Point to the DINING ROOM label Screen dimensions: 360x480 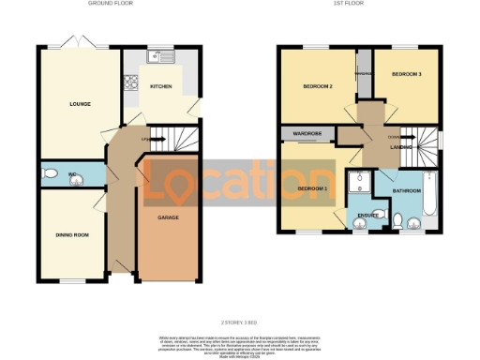coord(72,234)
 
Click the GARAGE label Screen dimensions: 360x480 coord(168,217)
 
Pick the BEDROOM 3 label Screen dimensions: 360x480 coord(406,74)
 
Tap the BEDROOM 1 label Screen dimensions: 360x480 coord(312,188)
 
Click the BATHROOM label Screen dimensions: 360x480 coord(405,189)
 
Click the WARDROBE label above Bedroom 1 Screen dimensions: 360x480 coord(307,134)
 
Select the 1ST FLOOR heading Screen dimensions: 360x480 coord(357,4)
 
